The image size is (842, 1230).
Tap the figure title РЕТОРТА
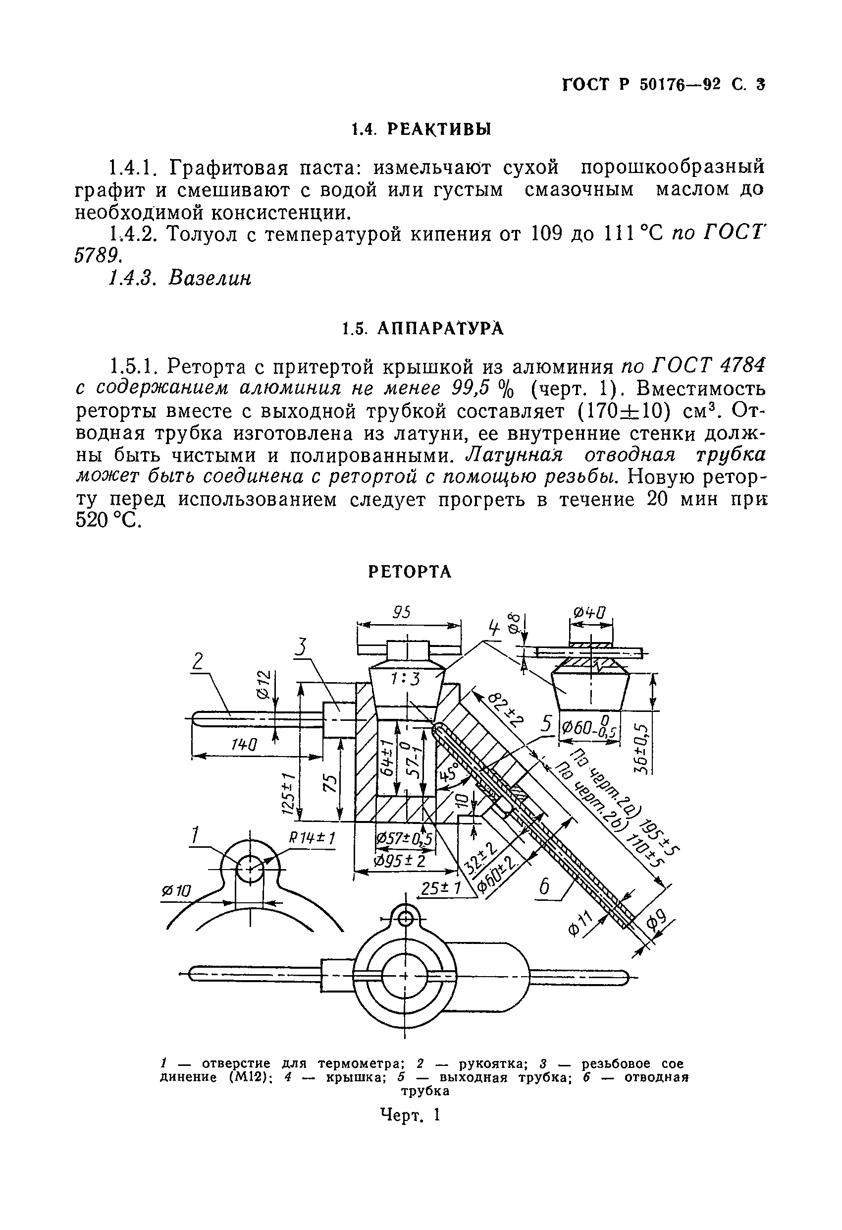tap(410, 572)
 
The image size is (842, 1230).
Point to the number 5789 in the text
tap(97, 256)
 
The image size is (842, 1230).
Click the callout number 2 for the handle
tap(198, 662)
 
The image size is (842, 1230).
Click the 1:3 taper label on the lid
tap(406, 679)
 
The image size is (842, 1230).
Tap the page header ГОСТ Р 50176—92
tap(641, 85)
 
